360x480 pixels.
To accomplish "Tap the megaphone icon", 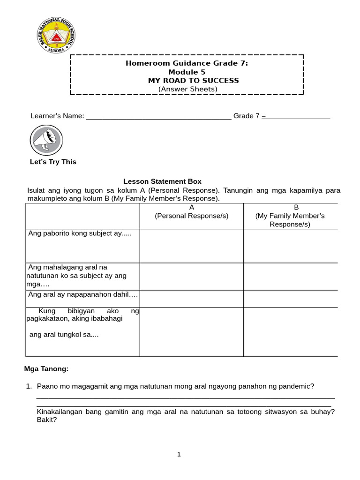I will click(46, 140).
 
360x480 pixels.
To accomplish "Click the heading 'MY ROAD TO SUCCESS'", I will click(193, 81).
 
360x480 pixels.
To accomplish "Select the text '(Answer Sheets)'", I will click(187, 89).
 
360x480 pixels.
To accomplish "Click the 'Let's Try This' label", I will click(53, 162).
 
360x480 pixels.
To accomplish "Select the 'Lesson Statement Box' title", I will click(162, 181).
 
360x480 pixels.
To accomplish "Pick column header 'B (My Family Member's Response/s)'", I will click(290, 216).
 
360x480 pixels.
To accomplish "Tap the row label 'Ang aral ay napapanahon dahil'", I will click(83, 294).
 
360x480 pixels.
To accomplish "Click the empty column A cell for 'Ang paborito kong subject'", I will click(191, 246).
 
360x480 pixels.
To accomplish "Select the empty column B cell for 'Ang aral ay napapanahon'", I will click(290, 299).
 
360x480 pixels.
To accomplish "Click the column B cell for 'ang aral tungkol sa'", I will click(290, 332).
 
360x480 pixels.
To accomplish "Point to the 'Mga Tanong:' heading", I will click(46, 369).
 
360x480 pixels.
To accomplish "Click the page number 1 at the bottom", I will click(179, 454).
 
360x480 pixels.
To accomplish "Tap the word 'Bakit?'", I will click(47, 420).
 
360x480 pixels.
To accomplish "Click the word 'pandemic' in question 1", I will click(296, 386).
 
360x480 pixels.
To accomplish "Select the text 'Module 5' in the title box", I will click(187, 72).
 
